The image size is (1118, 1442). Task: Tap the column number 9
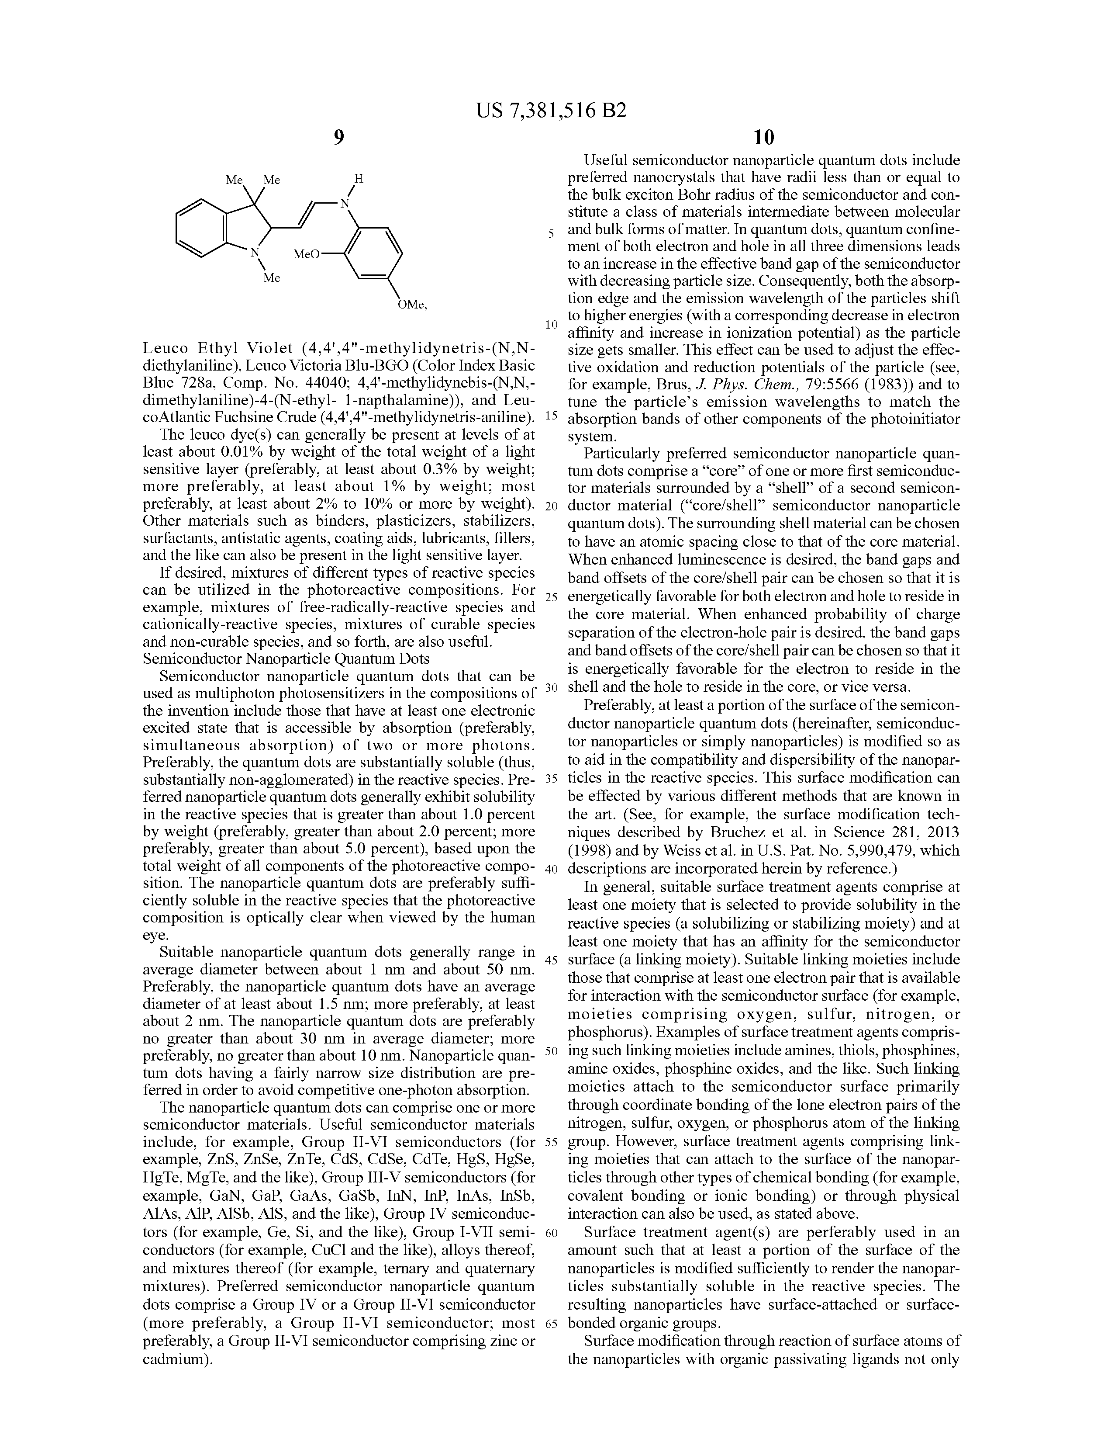(x=338, y=137)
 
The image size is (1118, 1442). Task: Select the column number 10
(x=763, y=137)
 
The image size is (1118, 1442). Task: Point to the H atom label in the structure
(x=359, y=178)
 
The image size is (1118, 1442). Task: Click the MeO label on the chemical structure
(x=306, y=254)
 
